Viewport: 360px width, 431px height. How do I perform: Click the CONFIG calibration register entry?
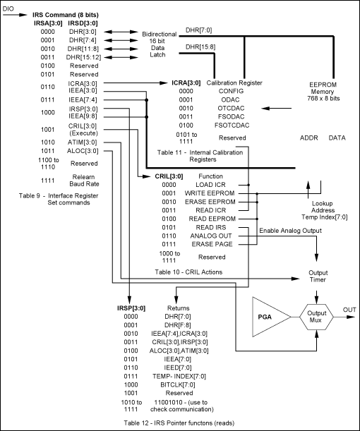pyautogui.click(x=231, y=91)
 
